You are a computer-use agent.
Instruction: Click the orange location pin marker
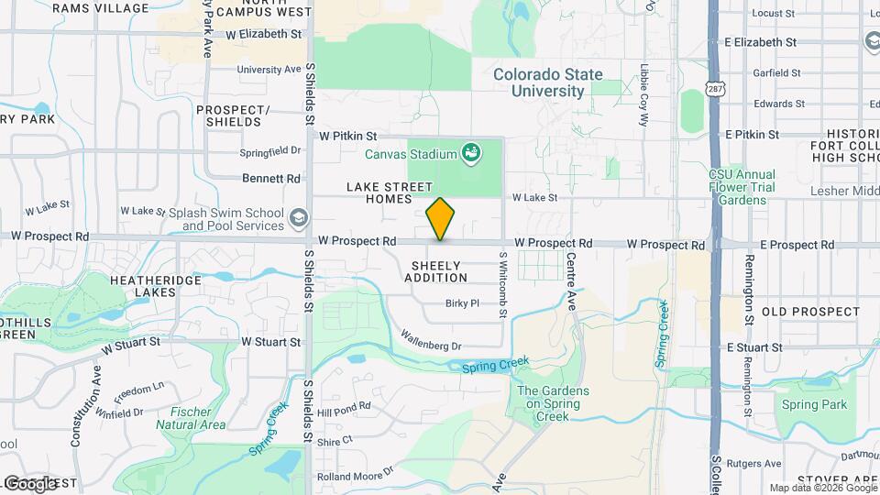pos(441,218)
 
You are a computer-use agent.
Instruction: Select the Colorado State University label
pos(547,82)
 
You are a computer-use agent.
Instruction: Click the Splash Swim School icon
pos(298,218)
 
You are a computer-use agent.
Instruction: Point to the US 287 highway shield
pos(716,86)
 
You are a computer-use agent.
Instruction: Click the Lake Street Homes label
pos(390,192)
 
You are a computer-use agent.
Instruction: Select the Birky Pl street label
pos(462,302)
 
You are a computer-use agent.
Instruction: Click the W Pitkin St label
pos(347,135)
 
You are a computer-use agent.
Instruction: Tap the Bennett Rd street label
pos(271,178)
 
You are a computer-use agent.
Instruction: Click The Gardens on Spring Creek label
pos(553,403)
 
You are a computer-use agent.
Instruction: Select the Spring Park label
pos(814,404)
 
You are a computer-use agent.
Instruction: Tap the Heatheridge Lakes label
pos(142,286)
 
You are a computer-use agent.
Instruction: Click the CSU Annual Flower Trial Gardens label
pos(742,187)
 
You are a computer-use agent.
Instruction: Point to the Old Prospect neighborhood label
pos(810,312)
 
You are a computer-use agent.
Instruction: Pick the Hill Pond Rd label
pos(344,405)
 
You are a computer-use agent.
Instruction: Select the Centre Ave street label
pos(570,281)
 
